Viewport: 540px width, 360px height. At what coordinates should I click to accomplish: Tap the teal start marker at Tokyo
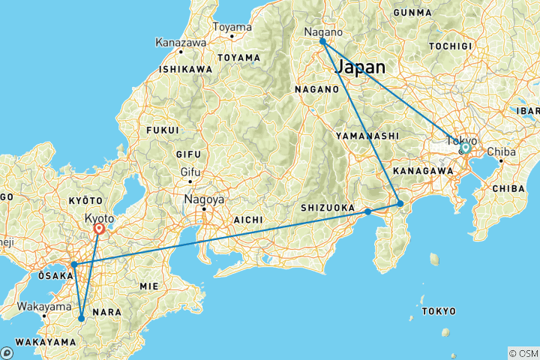tap(465, 148)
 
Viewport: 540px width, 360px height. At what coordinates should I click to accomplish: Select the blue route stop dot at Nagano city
tap(322, 41)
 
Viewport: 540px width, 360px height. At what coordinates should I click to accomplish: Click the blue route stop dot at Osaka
tap(74, 265)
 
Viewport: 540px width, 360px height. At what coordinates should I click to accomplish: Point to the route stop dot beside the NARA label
tap(81, 319)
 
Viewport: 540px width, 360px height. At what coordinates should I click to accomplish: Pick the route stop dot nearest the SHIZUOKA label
tap(368, 211)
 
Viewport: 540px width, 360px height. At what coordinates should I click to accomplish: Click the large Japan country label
tap(361, 67)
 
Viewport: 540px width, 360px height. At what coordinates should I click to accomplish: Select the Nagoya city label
tap(200, 200)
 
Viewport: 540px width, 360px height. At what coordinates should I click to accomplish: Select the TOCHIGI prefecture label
tap(471, 46)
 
